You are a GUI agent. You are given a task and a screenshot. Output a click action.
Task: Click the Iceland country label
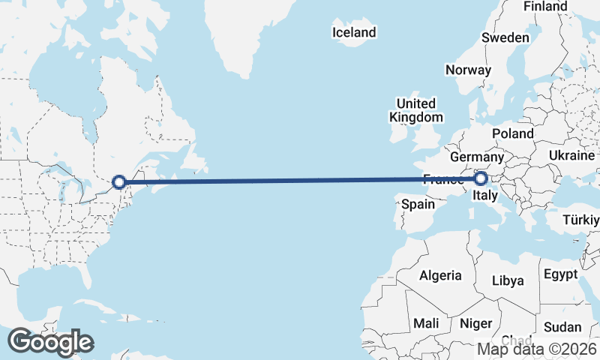point(353,32)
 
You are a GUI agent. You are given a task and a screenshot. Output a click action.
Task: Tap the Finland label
point(545,6)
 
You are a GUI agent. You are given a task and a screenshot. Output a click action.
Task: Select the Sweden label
point(505,37)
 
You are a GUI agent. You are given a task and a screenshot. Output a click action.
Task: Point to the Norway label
point(468,70)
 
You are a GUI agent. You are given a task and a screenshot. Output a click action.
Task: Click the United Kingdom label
point(416,110)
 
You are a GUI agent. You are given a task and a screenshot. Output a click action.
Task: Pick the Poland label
point(513,133)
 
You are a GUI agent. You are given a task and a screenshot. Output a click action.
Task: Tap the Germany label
point(476,157)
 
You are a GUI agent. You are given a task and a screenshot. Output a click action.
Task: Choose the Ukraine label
point(571,154)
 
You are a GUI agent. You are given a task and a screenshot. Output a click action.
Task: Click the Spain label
point(418,204)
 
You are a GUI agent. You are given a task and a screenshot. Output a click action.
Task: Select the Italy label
point(484,196)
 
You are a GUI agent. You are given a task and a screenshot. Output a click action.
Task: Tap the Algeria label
point(440,275)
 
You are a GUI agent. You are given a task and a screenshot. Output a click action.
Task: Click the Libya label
point(508,280)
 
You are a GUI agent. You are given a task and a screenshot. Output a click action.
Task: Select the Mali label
point(427,323)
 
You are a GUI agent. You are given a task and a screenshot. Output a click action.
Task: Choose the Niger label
point(475,323)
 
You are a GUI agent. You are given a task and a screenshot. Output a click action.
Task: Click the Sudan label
point(562,327)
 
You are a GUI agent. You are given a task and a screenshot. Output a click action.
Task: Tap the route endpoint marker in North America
point(118,181)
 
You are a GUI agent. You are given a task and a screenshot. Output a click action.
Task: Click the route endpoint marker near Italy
point(480,178)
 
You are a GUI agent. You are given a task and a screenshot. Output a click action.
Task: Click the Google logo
point(51,342)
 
